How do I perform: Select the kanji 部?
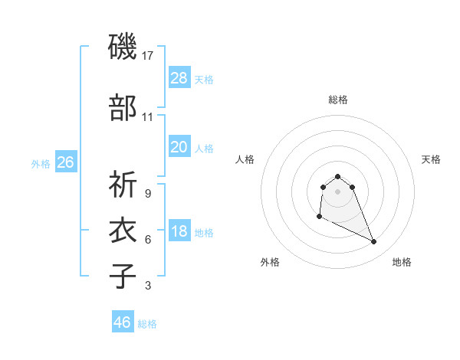pyautogui.click(x=123, y=107)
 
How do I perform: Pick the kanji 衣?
pyautogui.click(x=123, y=231)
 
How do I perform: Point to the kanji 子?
pyautogui.click(x=123, y=276)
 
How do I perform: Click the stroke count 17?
pyautogui.click(x=148, y=56)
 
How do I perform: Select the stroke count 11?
pyautogui.click(x=148, y=117)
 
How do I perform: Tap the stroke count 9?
pyautogui.click(x=147, y=194)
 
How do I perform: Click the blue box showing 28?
pyautogui.click(x=179, y=77)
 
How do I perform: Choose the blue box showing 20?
pyautogui.click(x=179, y=146)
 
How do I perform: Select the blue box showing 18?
pyautogui.click(x=179, y=231)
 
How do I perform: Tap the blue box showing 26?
pyautogui.click(x=65, y=162)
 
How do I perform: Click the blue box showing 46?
pyautogui.click(x=123, y=322)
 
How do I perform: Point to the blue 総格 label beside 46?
pyautogui.click(x=147, y=324)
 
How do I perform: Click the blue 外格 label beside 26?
pyautogui.click(x=41, y=164)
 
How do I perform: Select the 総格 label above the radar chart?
pyautogui.click(x=337, y=100)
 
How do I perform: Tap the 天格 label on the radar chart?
pyautogui.click(x=432, y=159)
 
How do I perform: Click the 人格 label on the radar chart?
pyautogui.click(x=245, y=159)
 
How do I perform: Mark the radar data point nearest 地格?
pyautogui.click(x=374, y=242)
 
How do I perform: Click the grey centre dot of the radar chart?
pyautogui.click(x=337, y=191)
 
